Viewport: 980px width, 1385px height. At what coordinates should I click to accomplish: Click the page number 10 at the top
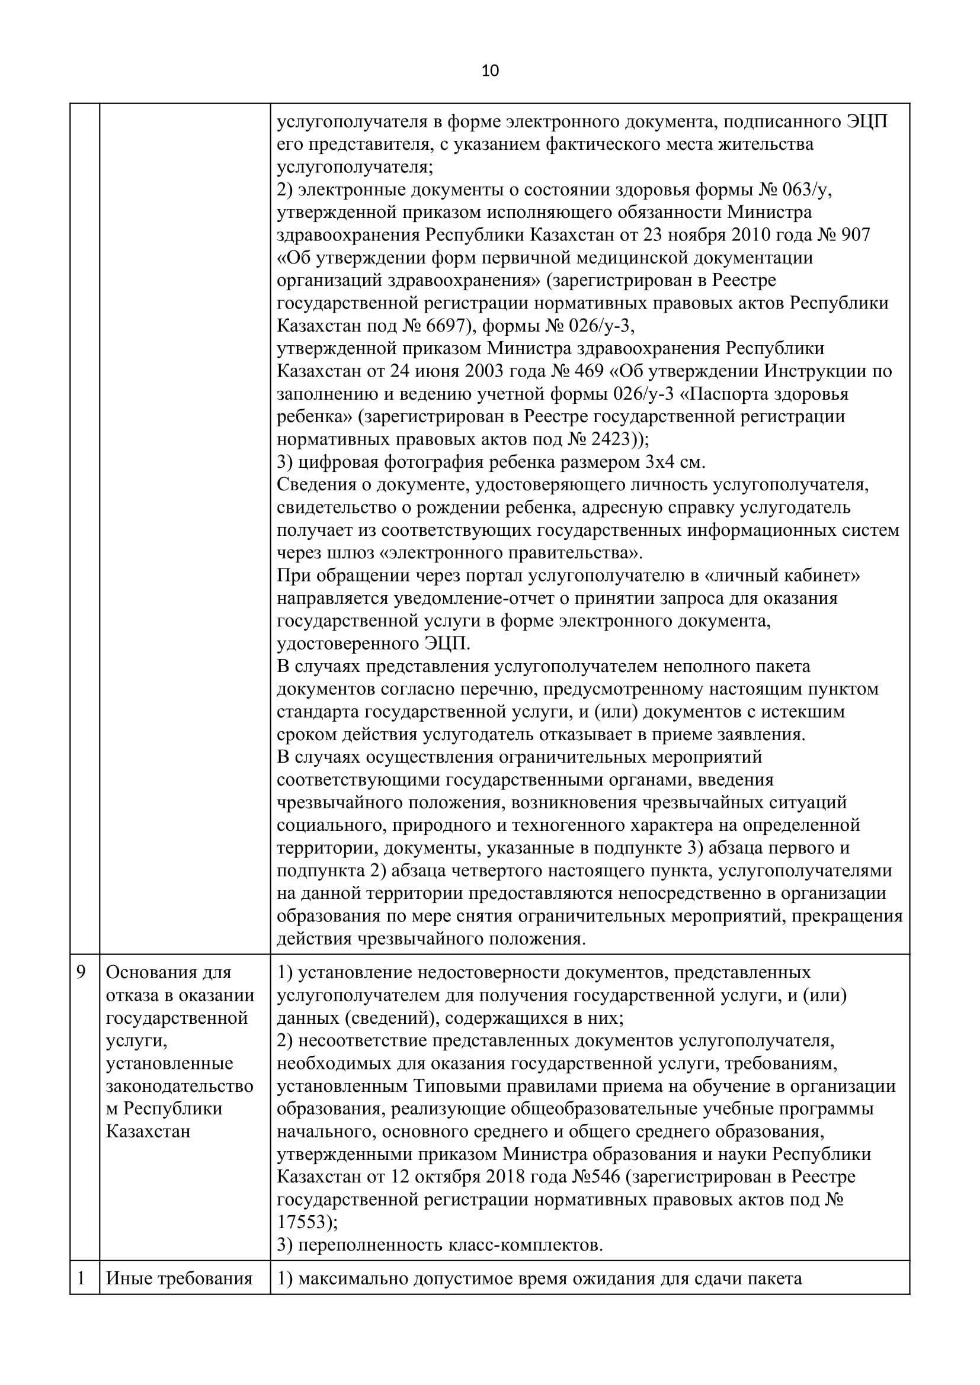coord(490,71)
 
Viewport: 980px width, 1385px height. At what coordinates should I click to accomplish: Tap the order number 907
coord(854,234)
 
